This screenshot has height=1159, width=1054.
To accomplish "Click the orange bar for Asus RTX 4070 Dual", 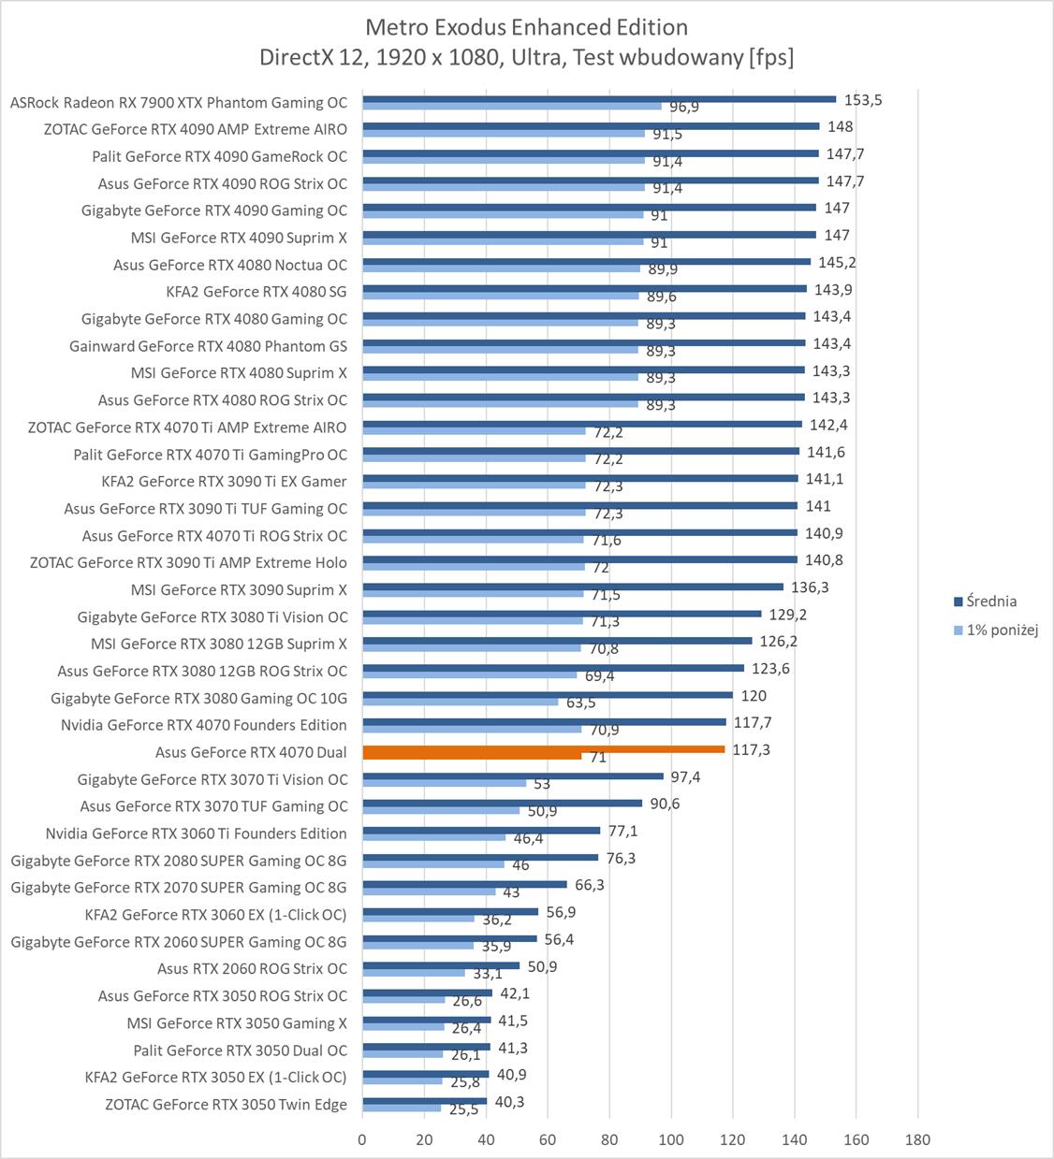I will coord(543,748).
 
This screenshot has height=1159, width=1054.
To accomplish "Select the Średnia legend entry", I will coord(991,601).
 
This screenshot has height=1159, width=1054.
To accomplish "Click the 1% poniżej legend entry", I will coord(1002,630).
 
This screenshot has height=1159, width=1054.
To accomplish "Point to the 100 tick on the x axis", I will coord(671,1139).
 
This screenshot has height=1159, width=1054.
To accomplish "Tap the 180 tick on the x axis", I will coord(918,1139).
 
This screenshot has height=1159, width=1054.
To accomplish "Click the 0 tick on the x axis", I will coord(362,1139).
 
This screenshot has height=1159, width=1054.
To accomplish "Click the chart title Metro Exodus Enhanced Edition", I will coord(526,27).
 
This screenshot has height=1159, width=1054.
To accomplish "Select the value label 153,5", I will coord(863,100).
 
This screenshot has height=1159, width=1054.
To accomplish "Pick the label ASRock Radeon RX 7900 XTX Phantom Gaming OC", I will coord(178,103).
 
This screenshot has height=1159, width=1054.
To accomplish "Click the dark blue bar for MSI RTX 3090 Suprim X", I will coord(573,587).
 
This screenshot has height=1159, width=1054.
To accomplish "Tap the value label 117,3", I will coord(751,750).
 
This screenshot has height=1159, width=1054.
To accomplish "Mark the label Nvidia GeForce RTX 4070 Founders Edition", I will coord(203,725).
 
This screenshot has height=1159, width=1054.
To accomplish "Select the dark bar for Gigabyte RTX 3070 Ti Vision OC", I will coord(513,776).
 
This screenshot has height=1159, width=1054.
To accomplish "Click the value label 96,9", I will coord(683,107).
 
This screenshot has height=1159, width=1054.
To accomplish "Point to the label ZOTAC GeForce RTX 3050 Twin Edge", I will coord(226,1105).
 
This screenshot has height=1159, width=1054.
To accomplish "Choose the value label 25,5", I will coord(463,1110).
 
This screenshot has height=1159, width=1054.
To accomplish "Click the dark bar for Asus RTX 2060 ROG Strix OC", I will coord(441,965).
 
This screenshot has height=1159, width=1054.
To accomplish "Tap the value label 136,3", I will coord(810,587).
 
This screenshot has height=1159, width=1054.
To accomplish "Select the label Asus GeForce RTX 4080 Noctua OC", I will coord(229,265).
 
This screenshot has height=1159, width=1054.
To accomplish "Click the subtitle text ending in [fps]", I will coord(526,58).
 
